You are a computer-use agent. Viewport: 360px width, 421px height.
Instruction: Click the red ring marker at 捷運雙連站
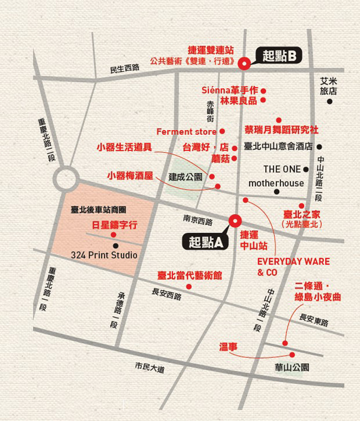tap(243, 64)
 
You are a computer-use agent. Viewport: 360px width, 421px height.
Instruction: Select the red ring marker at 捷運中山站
tap(234, 220)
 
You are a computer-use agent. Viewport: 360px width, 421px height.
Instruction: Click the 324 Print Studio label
tap(104, 255)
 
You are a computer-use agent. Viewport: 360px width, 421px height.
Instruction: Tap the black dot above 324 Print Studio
tap(115, 245)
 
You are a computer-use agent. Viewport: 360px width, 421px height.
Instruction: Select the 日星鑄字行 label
tap(115, 225)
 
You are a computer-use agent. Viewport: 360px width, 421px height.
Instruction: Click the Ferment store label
tap(186, 132)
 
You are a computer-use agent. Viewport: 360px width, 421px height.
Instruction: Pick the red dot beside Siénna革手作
tap(264, 91)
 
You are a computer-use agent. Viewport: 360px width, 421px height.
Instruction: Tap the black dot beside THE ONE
tap(306, 170)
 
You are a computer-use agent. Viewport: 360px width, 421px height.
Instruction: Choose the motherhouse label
tap(276, 183)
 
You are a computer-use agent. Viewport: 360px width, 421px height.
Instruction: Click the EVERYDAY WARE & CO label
tap(293, 267)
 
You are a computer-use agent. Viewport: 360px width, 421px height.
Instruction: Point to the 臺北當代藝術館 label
tap(189, 275)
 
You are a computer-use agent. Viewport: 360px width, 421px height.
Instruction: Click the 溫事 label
tap(228, 347)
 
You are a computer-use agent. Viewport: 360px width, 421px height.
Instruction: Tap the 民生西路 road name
tap(125, 69)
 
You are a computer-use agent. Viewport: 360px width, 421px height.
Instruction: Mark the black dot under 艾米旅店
tap(330, 101)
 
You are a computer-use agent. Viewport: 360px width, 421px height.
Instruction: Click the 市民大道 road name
tap(150, 367)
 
